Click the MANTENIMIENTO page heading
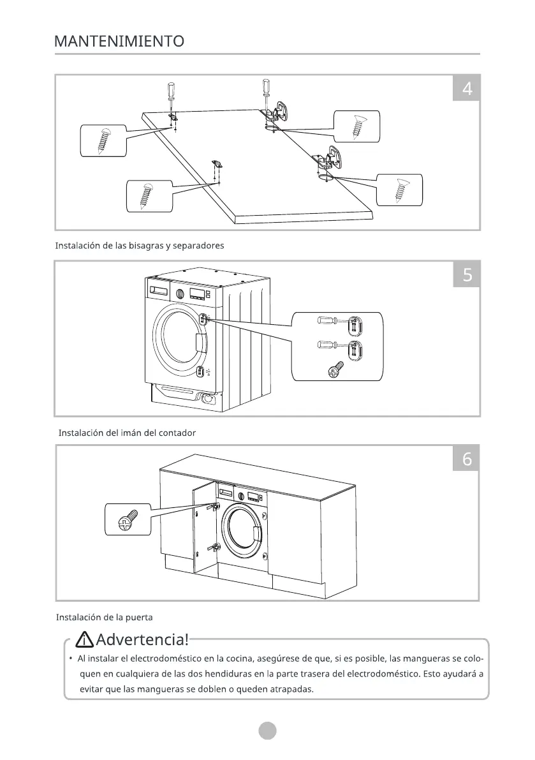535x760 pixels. (x=119, y=42)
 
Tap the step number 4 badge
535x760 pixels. (x=467, y=89)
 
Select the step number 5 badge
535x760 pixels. (x=467, y=275)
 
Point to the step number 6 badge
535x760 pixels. (x=467, y=459)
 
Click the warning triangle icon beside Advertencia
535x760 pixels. (x=84, y=638)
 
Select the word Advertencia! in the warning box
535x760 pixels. (x=142, y=638)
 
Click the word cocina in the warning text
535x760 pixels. (x=241, y=659)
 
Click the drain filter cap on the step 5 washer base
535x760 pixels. (x=206, y=398)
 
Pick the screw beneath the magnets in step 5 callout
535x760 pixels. (x=335, y=369)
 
